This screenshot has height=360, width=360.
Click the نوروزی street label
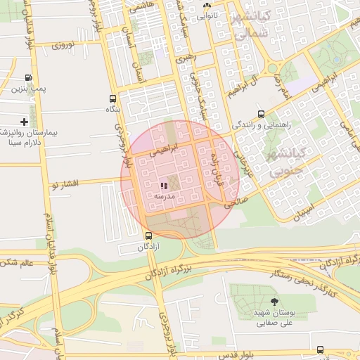(69, 46)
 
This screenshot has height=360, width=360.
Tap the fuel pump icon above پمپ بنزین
(28, 78)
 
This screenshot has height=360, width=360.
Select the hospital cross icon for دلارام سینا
(25, 122)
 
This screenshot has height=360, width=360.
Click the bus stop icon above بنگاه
(113, 99)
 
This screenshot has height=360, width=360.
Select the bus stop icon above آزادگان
(148, 236)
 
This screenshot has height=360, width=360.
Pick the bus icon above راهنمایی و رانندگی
(262, 114)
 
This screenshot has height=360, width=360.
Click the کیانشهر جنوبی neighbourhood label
(282, 160)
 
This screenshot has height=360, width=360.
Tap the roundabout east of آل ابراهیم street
(272, 69)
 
